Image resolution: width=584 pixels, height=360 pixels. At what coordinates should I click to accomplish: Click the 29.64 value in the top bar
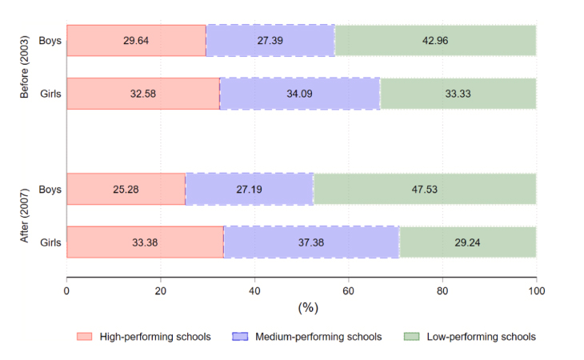click(136, 41)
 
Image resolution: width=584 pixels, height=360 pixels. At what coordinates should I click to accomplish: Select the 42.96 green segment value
click(435, 41)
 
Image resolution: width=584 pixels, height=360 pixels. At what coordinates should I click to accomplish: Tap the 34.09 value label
click(300, 94)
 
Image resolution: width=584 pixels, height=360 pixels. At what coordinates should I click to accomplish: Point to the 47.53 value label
click(424, 190)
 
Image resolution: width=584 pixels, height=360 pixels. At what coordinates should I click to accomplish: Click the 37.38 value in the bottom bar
click(311, 242)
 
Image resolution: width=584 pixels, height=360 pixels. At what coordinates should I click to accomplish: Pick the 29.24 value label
click(468, 242)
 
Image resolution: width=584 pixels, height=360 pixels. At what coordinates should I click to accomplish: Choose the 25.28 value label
click(126, 190)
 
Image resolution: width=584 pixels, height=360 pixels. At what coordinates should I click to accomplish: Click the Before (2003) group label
click(25, 67)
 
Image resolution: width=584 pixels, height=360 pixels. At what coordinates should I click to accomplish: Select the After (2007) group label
click(25, 215)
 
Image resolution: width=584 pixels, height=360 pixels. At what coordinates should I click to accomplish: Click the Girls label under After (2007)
click(50, 242)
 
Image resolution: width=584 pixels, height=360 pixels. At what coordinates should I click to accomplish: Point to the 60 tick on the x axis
click(348, 291)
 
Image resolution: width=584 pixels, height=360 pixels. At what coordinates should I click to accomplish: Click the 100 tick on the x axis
click(536, 291)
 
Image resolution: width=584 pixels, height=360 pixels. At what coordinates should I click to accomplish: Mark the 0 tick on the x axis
click(66, 291)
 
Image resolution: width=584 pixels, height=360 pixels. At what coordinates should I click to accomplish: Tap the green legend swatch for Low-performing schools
click(415, 337)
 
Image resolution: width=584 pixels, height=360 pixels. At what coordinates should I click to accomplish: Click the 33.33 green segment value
click(458, 94)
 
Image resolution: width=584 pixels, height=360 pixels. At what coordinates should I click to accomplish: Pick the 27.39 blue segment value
click(270, 41)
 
